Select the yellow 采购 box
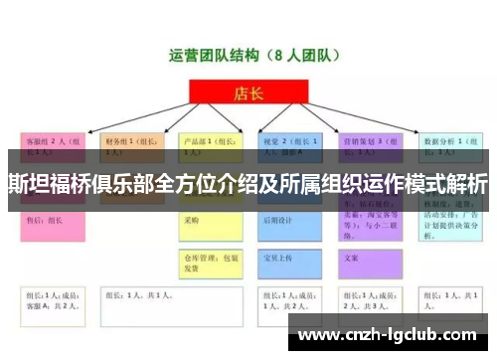(210, 221)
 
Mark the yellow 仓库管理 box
(210, 261)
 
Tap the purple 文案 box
(369, 257)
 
